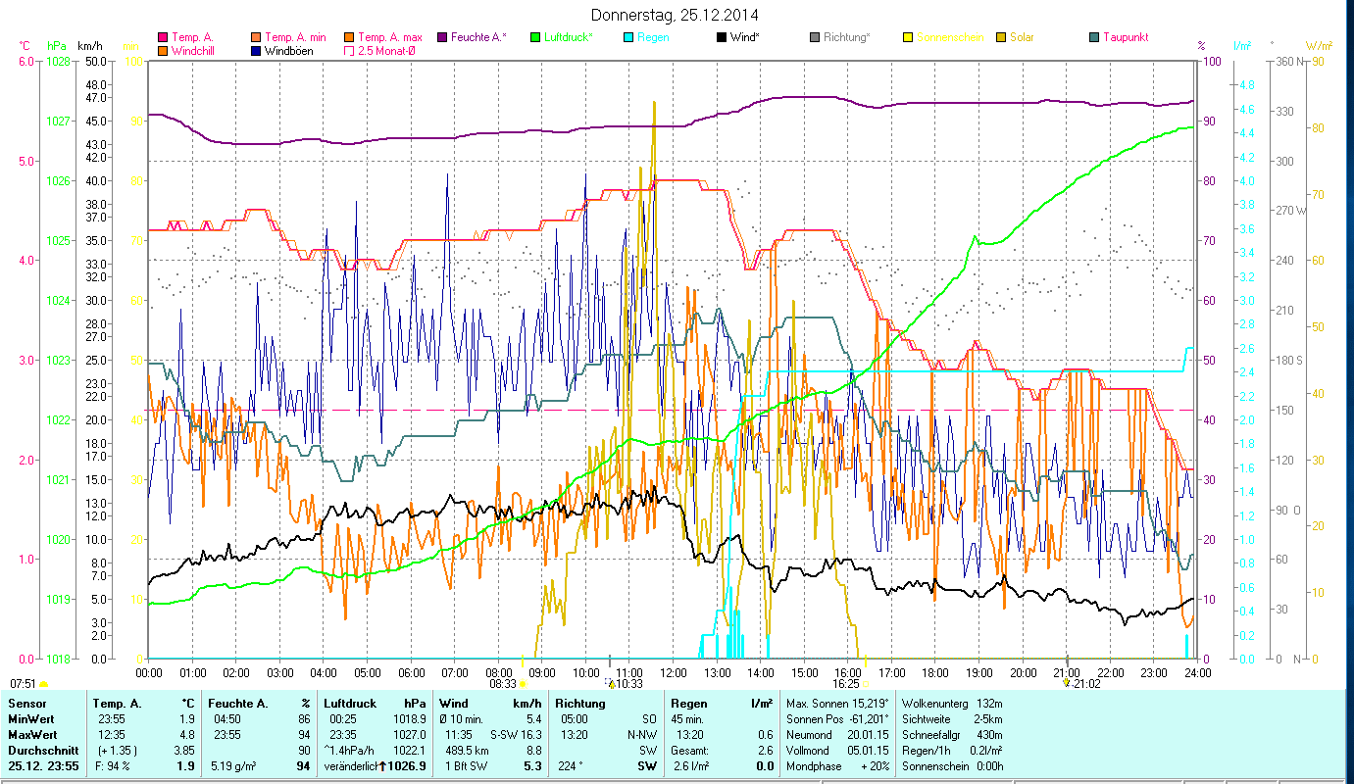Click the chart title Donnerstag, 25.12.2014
click(676, 15)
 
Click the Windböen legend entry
click(289, 50)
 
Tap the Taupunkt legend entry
click(1125, 37)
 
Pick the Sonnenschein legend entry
click(949, 37)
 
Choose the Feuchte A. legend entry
click(477, 37)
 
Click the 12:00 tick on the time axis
click(674, 672)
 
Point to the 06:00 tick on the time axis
click(411, 672)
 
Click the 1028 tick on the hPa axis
click(58, 61)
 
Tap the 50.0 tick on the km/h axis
click(95, 61)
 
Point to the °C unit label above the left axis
click(25, 45)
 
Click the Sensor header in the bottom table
click(26, 703)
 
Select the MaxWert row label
click(31, 734)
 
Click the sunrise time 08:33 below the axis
click(500, 683)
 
